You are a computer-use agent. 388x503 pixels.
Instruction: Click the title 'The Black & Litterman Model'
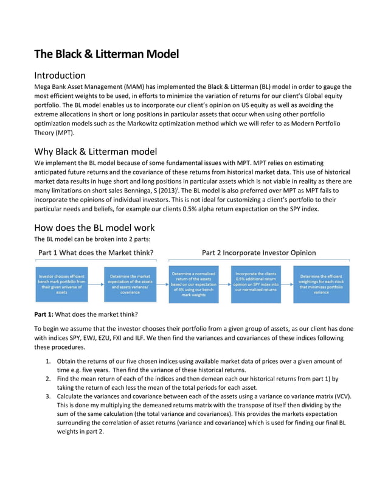pyautogui.click(x=106, y=54)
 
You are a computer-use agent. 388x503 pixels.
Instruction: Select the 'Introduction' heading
pyautogui.click(x=60, y=76)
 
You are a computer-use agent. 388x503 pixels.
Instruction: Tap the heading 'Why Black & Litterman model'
pyautogui.click(x=95, y=152)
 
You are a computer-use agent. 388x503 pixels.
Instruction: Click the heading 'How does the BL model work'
pyautogui.click(x=94, y=228)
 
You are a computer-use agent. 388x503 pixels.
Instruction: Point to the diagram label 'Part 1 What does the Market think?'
pyautogui.click(x=96, y=253)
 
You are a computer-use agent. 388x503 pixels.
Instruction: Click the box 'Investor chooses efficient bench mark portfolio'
pyautogui.click(x=61, y=284)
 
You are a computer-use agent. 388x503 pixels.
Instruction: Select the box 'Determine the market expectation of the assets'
pyautogui.click(x=130, y=284)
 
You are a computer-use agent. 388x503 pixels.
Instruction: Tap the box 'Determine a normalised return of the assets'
pyautogui.click(x=193, y=284)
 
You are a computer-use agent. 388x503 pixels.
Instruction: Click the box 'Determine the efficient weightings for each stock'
pyautogui.click(x=321, y=284)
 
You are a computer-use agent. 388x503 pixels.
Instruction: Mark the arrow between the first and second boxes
pyautogui.click(x=96, y=284)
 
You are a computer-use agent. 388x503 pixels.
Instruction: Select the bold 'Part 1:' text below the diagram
pyautogui.click(x=44, y=314)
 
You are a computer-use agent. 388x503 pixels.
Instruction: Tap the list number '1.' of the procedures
pyautogui.click(x=49, y=362)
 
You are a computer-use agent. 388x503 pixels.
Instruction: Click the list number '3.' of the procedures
pyautogui.click(x=49, y=396)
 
